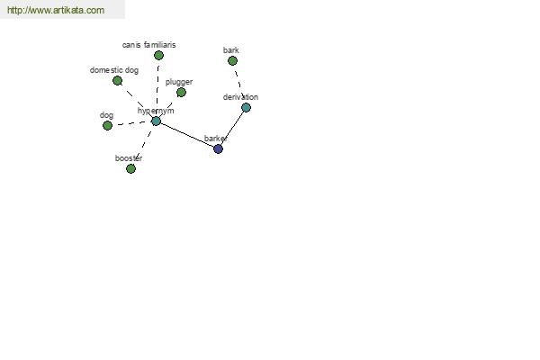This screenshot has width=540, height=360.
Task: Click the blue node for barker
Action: [x=218, y=148]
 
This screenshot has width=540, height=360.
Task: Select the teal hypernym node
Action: [x=156, y=121]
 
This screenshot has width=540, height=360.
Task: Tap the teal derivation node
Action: [x=246, y=107]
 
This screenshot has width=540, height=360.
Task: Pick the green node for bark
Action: [x=232, y=60]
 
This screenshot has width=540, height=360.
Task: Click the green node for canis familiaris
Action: [x=158, y=55]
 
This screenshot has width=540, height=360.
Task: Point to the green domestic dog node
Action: [x=117, y=81]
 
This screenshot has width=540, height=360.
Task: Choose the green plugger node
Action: [x=181, y=92]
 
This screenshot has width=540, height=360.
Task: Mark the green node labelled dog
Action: [x=107, y=125]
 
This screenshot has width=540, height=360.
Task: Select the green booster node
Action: [x=130, y=168]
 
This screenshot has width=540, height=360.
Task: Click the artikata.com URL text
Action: [x=56, y=10]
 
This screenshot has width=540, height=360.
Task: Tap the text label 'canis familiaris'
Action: [x=148, y=45]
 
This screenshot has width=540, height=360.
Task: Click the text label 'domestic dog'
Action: [x=114, y=70]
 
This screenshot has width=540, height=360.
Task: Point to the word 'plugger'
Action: [x=179, y=82]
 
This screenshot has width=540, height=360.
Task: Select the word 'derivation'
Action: [x=240, y=97]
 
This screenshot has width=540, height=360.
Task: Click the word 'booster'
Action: [x=129, y=158]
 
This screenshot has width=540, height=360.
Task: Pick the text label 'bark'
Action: [x=230, y=50]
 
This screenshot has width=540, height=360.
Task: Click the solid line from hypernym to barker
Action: [x=187, y=135]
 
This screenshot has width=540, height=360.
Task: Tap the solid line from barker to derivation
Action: [x=232, y=128]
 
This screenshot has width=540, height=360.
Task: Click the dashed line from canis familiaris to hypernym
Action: [x=157, y=88]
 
